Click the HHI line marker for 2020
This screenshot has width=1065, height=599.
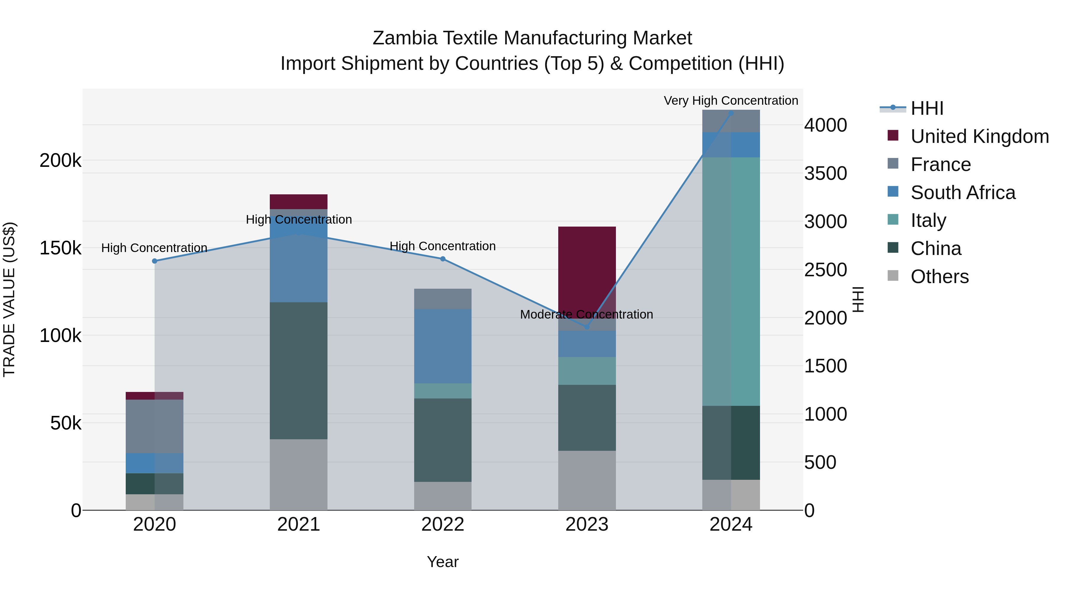[x=155, y=261]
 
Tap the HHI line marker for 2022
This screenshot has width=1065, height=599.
[x=443, y=259]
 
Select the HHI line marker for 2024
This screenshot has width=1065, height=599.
[x=731, y=113]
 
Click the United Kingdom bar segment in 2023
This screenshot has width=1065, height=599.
[x=587, y=264]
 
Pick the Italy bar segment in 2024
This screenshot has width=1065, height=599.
[x=731, y=281]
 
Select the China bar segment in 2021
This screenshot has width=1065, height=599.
[x=298, y=370]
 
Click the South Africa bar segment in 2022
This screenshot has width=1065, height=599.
[x=443, y=346]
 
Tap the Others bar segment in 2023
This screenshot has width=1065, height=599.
[x=587, y=480]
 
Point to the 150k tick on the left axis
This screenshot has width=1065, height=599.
[x=60, y=248]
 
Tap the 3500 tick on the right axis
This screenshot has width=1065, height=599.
[x=825, y=173]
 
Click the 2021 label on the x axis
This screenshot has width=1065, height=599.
[x=298, y=524]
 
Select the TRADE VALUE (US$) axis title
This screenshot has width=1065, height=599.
[x=9, y=299]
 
